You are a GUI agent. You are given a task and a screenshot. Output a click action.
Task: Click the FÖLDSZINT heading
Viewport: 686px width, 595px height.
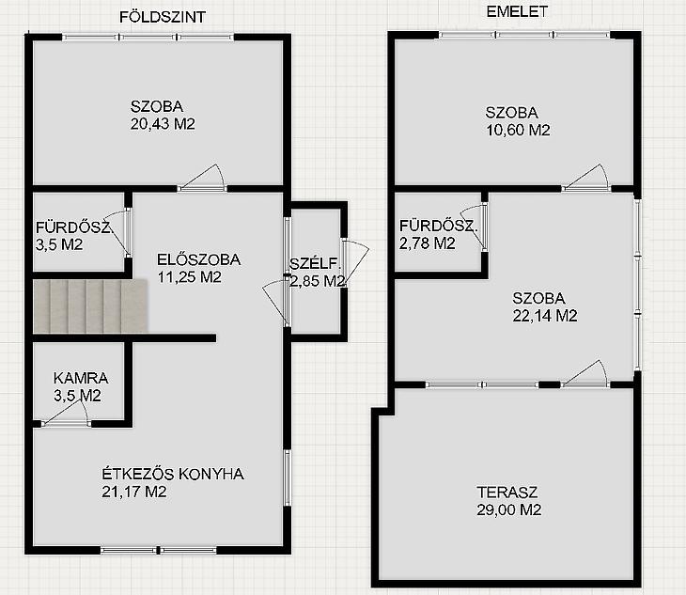tap(163, 17)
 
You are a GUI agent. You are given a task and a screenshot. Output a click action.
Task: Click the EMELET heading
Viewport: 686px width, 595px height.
tap(517, 12)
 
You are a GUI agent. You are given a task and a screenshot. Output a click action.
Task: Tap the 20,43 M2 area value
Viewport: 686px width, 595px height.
tap(163, 124)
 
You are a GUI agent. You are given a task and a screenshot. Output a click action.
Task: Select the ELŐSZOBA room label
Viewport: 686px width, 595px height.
tap(198, 259)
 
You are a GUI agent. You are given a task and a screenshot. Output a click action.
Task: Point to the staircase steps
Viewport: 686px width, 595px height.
tap(90, 306)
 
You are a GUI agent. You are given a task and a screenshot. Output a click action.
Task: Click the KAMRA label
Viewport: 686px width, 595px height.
tap(81, 378)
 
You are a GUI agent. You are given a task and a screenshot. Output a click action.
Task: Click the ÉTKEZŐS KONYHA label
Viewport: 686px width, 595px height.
tap(173, 474)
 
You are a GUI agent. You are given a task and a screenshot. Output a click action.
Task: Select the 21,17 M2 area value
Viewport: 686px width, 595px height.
tap(133, 492)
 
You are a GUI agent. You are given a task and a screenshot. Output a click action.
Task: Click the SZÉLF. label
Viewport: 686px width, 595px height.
tap(315, 264)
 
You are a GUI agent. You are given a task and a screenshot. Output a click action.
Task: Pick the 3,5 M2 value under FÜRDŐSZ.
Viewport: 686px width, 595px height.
tap(59, 244)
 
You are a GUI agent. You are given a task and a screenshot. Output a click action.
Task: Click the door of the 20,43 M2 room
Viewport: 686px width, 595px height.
tap(202, 179)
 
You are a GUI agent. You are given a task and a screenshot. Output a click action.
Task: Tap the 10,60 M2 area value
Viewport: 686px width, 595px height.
tap(518, 130)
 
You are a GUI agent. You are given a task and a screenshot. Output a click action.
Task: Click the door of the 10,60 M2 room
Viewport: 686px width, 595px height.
tap(585, 178)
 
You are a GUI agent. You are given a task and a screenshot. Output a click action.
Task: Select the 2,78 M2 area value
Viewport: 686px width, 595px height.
tap(427, 243)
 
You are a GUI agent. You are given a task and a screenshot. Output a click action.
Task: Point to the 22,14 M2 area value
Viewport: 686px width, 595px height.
tap(545, 316)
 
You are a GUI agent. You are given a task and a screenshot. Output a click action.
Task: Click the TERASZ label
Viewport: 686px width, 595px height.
tap(507, 493)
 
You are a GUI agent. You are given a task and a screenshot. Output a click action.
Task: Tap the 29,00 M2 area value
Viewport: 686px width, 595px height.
tap(508, 509)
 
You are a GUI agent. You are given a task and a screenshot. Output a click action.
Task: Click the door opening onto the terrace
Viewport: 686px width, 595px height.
tap(585, 374)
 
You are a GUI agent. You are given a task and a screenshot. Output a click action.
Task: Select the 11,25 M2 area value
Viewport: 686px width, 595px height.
tap(190, 277)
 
